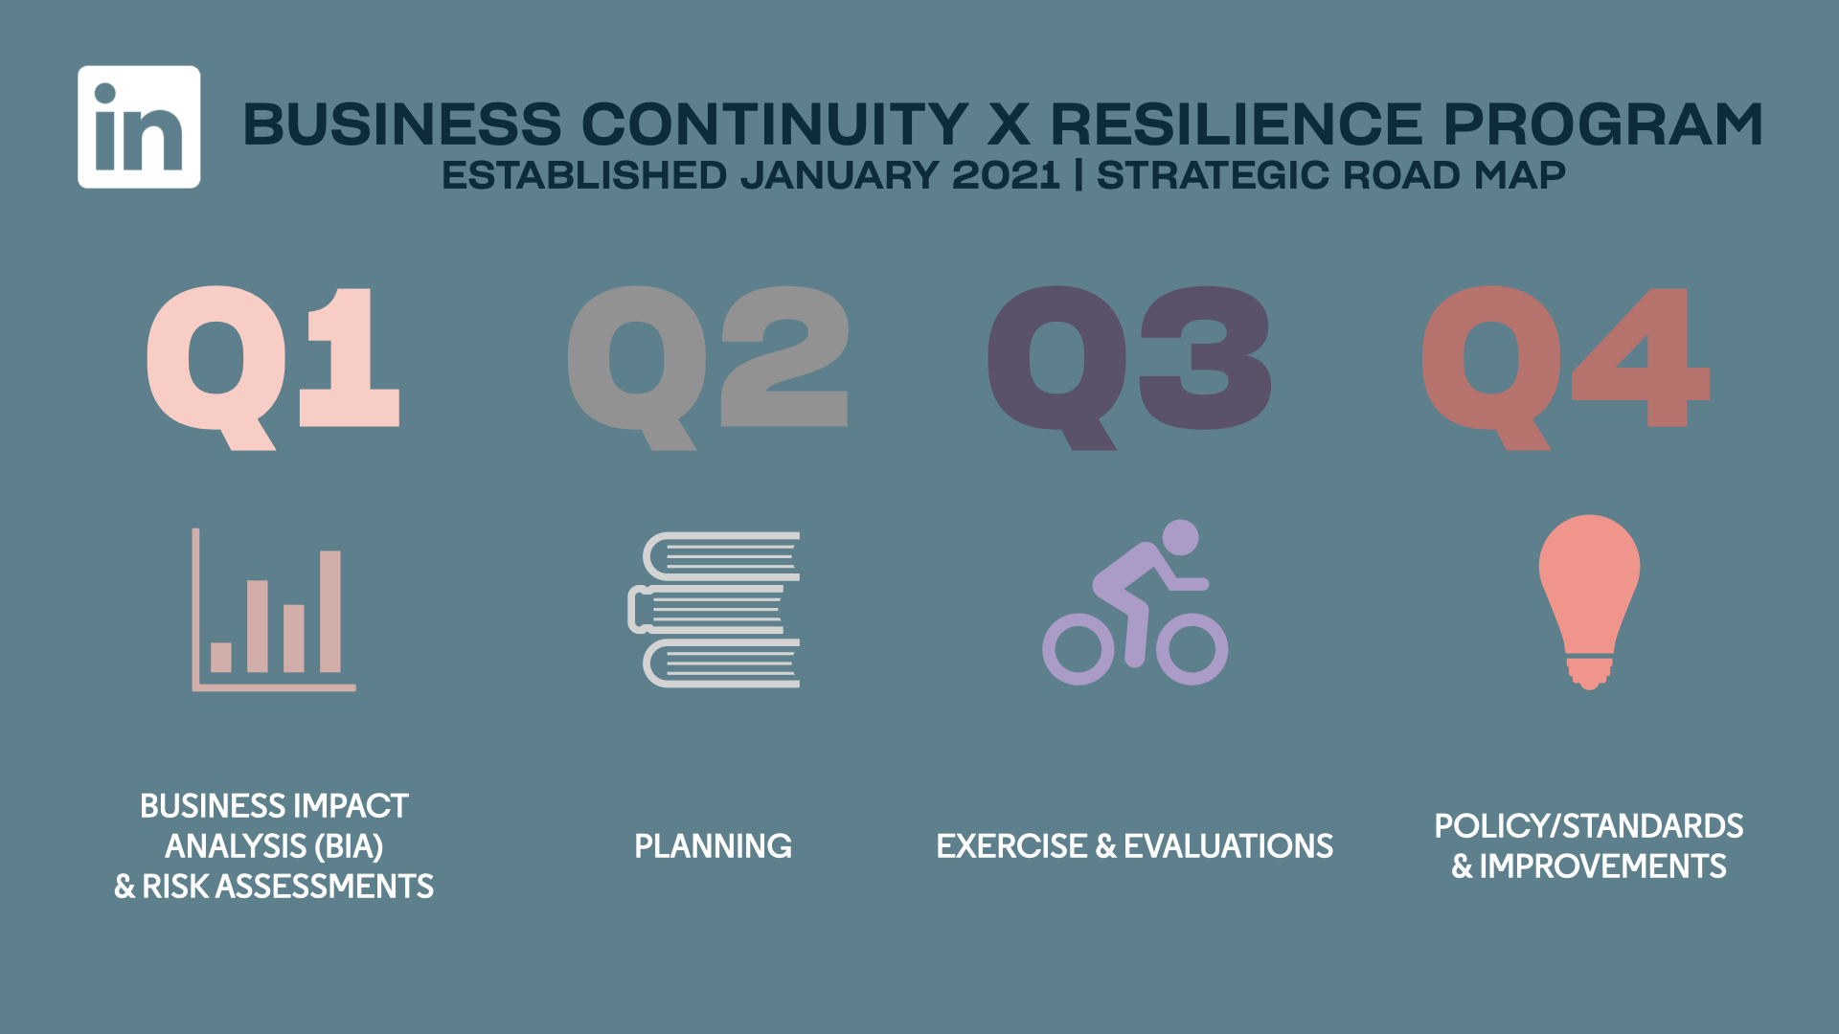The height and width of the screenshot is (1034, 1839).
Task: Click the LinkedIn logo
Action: tap(139, 126)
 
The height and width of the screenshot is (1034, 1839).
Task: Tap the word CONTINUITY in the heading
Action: tap(775, 124)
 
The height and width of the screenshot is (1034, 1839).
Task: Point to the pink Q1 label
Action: tap(273, 368)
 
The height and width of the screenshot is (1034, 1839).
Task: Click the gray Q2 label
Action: tap(708, 368)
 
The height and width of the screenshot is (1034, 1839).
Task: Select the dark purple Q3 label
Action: tap(1129, 368)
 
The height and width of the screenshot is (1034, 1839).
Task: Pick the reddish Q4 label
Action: tap(1566, 368)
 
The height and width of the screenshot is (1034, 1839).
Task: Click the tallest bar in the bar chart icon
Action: tap(330, 611)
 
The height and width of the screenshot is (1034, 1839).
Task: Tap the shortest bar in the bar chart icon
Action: tap(221, 657)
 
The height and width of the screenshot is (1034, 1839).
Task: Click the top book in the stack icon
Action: tap(721, 556)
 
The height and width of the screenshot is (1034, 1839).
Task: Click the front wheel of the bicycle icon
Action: tap(1192, 648)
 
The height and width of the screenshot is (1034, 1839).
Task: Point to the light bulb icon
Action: tap(1589, 601)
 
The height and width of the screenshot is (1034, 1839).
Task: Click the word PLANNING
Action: tap(713, 846)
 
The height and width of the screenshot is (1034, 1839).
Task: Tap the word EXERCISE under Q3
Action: tap(1011, 846)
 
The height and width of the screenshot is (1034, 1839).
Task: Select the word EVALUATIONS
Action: tap(1228, 846)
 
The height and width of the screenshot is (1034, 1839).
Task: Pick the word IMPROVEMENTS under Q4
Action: tap(1602, 866)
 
